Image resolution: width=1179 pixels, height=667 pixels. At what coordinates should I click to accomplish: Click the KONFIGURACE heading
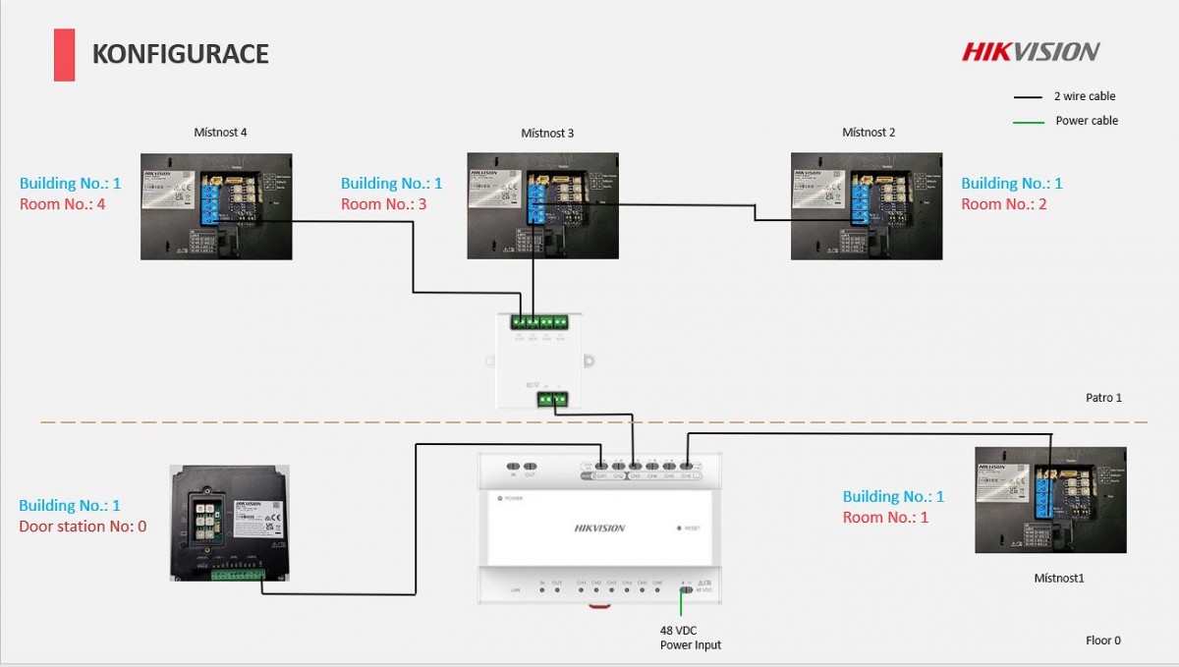click(180, 54)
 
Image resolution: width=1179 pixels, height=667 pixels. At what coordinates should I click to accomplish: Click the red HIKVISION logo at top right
click(1031, 51)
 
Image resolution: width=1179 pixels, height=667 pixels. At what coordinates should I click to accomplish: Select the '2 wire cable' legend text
click(1085, 96)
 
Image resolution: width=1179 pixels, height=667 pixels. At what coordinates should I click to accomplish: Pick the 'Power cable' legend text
click(1087, 121)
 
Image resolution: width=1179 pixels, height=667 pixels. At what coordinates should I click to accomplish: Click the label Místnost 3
click(547, 133)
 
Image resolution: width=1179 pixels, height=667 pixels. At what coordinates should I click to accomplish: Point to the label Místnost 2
click(869, 132)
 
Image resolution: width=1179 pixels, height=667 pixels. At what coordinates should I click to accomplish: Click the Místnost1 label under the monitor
click(1058, 579)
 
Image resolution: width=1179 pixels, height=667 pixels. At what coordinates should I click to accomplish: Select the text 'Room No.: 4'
click(61, 204)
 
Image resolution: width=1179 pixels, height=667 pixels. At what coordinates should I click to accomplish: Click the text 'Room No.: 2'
click(1003, 204)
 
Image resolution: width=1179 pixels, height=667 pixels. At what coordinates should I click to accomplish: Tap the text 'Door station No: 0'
click(83, 527)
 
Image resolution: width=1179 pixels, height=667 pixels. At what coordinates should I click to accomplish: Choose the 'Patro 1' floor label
click(1103, 398)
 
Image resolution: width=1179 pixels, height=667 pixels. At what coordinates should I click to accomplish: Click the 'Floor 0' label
click(1102, 640)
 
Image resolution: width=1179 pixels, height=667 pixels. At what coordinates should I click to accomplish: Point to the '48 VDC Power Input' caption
click(690, 638)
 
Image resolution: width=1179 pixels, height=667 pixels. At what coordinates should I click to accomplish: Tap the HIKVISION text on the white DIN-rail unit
click(599, 528)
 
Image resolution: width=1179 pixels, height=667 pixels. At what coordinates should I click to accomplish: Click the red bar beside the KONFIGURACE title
click(64, 55)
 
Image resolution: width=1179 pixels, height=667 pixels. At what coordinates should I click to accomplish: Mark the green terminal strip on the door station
click(237, 574)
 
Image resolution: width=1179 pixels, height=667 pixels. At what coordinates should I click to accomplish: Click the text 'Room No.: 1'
click(885, 518)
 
